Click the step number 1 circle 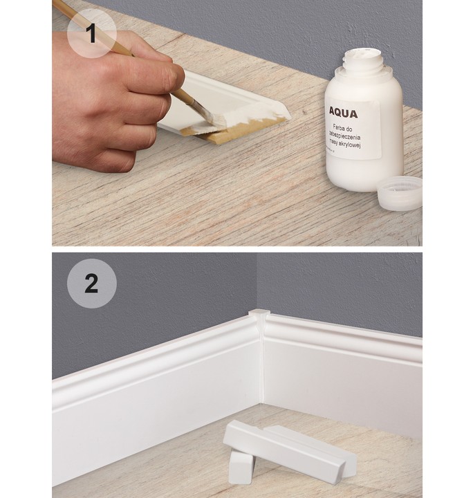(x=91, y=33)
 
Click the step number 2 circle (x=91, y=283)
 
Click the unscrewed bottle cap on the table (x=400, y=193)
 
